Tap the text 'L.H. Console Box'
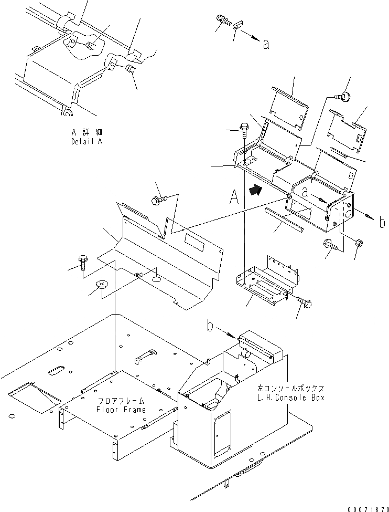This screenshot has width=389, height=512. tap(298, 398)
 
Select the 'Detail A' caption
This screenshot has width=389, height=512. tap(87, 142)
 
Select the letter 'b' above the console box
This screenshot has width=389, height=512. tap(209, 327)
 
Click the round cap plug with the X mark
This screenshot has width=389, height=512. tap(102, 285)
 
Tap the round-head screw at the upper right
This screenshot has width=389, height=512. tap(345, 96)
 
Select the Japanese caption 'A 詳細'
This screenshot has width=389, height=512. tap(87, 133)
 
